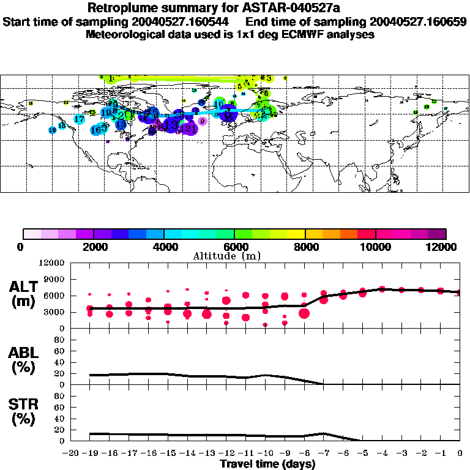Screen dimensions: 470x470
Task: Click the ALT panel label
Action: tap(24, 286)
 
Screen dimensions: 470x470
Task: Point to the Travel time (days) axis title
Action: tap(267, 464)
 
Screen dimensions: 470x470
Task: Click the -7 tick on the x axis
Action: tap(323, 453)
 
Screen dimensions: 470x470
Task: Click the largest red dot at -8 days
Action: tap(304, 313)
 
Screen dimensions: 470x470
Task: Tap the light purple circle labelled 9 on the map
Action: tap(203, 121)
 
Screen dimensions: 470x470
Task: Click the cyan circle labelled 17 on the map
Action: tap(80, 119)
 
